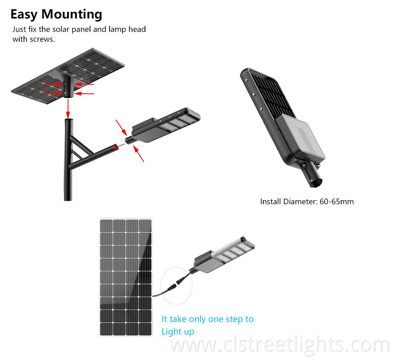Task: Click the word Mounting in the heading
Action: coord(72,15)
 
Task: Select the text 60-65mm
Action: coord(337,202)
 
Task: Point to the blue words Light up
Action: coord(178,332)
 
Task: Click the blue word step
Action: coord(234,319)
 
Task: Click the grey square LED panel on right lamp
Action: coord(303,138)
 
